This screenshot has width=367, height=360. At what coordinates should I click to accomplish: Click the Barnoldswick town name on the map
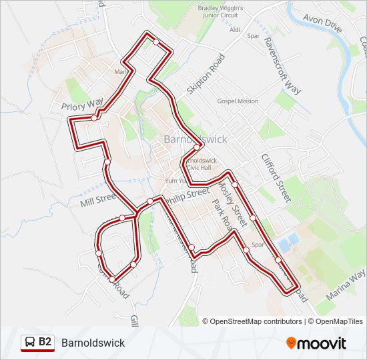point(195,139)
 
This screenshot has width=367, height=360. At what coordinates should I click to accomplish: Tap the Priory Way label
point(82,104)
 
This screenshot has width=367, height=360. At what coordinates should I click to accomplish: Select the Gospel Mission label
point(238,101)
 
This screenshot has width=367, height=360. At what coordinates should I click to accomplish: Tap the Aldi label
point(234,29)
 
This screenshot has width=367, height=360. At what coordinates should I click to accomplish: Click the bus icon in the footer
point(29,343)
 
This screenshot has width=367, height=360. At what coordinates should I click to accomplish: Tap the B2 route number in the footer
point(45,342)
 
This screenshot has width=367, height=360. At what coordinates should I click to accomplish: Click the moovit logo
point(316,343)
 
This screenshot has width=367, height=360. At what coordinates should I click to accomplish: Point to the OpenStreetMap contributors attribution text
point(252,321)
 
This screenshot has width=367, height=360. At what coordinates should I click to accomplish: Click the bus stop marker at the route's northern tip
point(156,41)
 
